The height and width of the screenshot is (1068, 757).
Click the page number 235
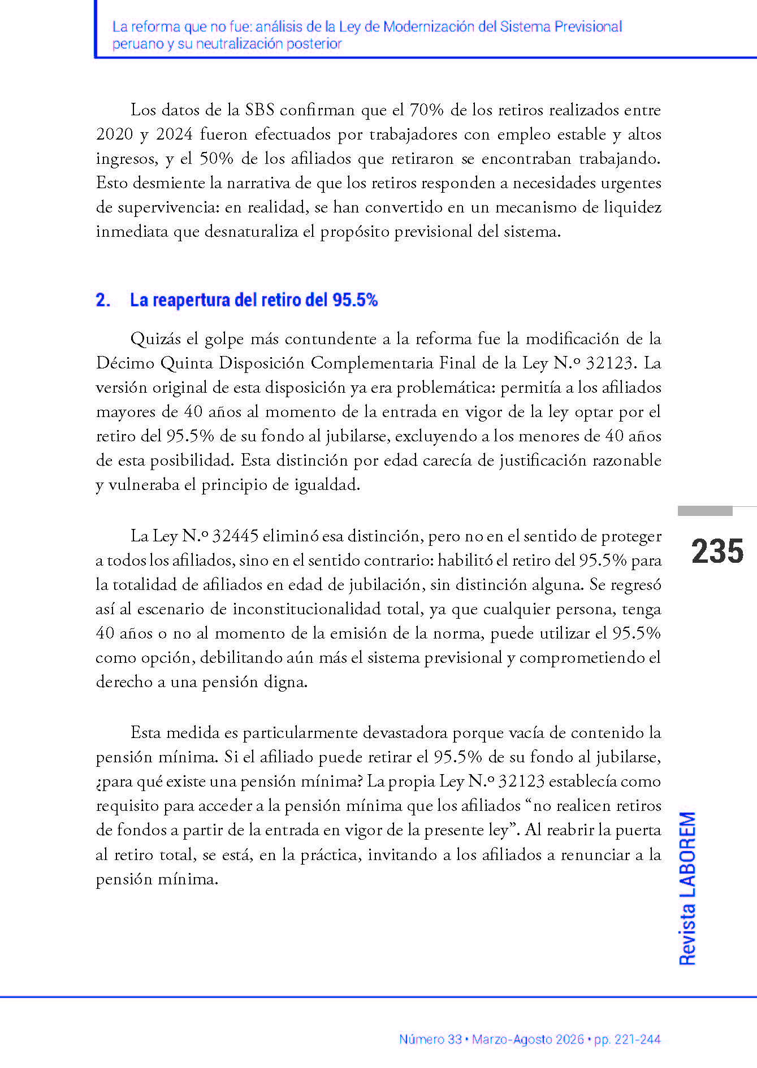coord(717,551)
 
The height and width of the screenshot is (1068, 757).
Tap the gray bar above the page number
coord(705,511)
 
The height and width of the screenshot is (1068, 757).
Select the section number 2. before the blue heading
coord(103,300)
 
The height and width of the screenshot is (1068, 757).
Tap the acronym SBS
coord(259,110)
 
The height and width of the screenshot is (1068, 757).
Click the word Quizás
coord(155,338)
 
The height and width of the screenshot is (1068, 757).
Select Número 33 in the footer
coord(430,1039)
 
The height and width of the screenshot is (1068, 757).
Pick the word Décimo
coord(125,363)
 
